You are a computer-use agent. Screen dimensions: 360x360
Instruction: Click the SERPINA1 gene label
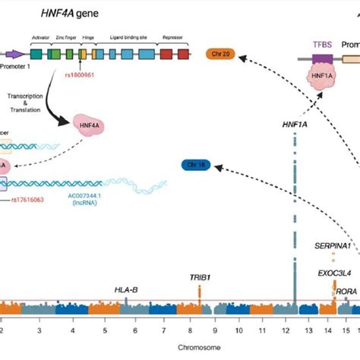[x=333, y=247]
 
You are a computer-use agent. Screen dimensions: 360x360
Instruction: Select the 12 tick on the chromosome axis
[x=292, y=331]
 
